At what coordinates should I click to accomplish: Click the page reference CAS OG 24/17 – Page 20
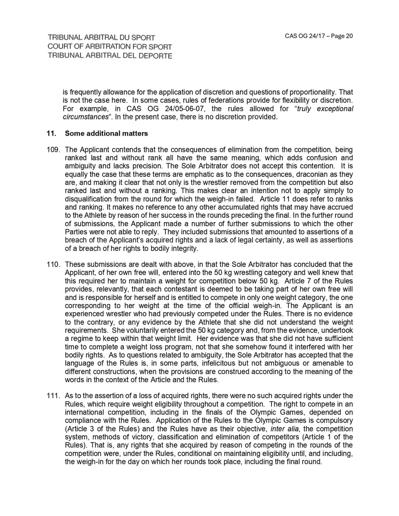pyautogui.click(x=319, y=36)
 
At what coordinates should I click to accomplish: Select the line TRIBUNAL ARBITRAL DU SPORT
pyautogui.click(x=101, y=38)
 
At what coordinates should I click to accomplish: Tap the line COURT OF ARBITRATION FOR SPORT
pyautogui.click(x=110, y=47)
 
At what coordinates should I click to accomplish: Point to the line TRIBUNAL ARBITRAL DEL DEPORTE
pyautogui.click(x=110, y=56)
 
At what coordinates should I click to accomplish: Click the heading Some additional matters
pyautogui.click(x=106, y=133)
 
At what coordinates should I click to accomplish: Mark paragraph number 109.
pyautogui.click(x=53, y=150)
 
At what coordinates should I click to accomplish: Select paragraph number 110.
pyautogui.click(x=53, y=264)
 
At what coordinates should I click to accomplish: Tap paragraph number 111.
pyautogui.click(x=53, y=396)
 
